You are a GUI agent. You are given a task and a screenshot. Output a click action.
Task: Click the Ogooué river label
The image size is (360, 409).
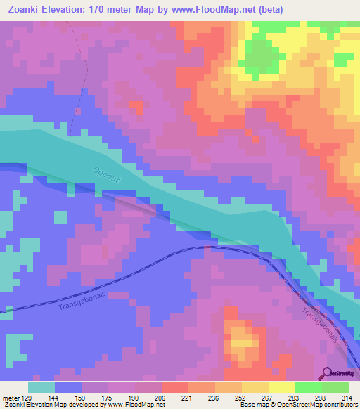click(105, 174)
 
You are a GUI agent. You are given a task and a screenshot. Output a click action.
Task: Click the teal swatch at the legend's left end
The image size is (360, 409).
click(41, 387)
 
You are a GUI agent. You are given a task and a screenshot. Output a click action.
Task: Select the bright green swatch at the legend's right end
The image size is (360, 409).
click(335, 387)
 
